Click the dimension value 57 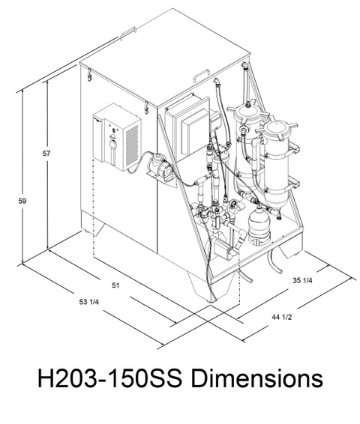(46, 154)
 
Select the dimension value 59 (22, 201)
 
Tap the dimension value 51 (115, 285)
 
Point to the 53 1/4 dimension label (89, 302)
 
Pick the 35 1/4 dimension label (302, 280)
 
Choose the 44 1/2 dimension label (282, 317)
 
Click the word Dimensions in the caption (256, 378)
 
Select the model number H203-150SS (109, 378)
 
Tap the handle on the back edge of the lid (127, 33)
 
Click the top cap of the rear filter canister (248, 110)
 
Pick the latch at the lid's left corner (89, 75)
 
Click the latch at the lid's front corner (146, 107)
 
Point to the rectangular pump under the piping (223, 249)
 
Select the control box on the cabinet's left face (117, 137)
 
